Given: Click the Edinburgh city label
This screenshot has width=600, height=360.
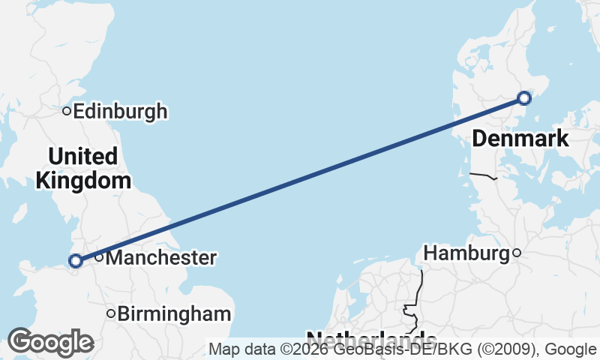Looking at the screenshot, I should coord(120,112).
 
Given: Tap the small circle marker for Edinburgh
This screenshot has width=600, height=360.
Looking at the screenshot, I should coord(67,112).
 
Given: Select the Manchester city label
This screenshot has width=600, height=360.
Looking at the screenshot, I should coord(160,258).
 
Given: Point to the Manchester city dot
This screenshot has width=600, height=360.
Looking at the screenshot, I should coord(98,258).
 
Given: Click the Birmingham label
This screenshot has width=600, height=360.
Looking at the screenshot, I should coord(174,313).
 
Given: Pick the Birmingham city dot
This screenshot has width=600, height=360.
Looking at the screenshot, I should coord(111,313).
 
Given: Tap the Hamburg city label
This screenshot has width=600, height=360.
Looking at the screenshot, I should coord(466,253).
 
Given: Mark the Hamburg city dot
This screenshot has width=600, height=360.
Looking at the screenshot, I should coord(517,253).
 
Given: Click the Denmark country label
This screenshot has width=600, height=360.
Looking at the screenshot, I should coord(520,139).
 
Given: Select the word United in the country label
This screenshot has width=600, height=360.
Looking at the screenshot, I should coord(83,157).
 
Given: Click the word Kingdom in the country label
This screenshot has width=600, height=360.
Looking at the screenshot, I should coord(83,181).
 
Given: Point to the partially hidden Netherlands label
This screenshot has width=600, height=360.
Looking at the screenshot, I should coord(371,337).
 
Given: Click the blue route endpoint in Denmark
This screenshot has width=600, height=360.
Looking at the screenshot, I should coord(524,98).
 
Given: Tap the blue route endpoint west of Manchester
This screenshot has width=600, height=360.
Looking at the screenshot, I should coord(75,261).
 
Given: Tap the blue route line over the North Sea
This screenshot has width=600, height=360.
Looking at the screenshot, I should coord(300,179).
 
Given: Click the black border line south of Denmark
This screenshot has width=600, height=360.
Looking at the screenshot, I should coord(484,176).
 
